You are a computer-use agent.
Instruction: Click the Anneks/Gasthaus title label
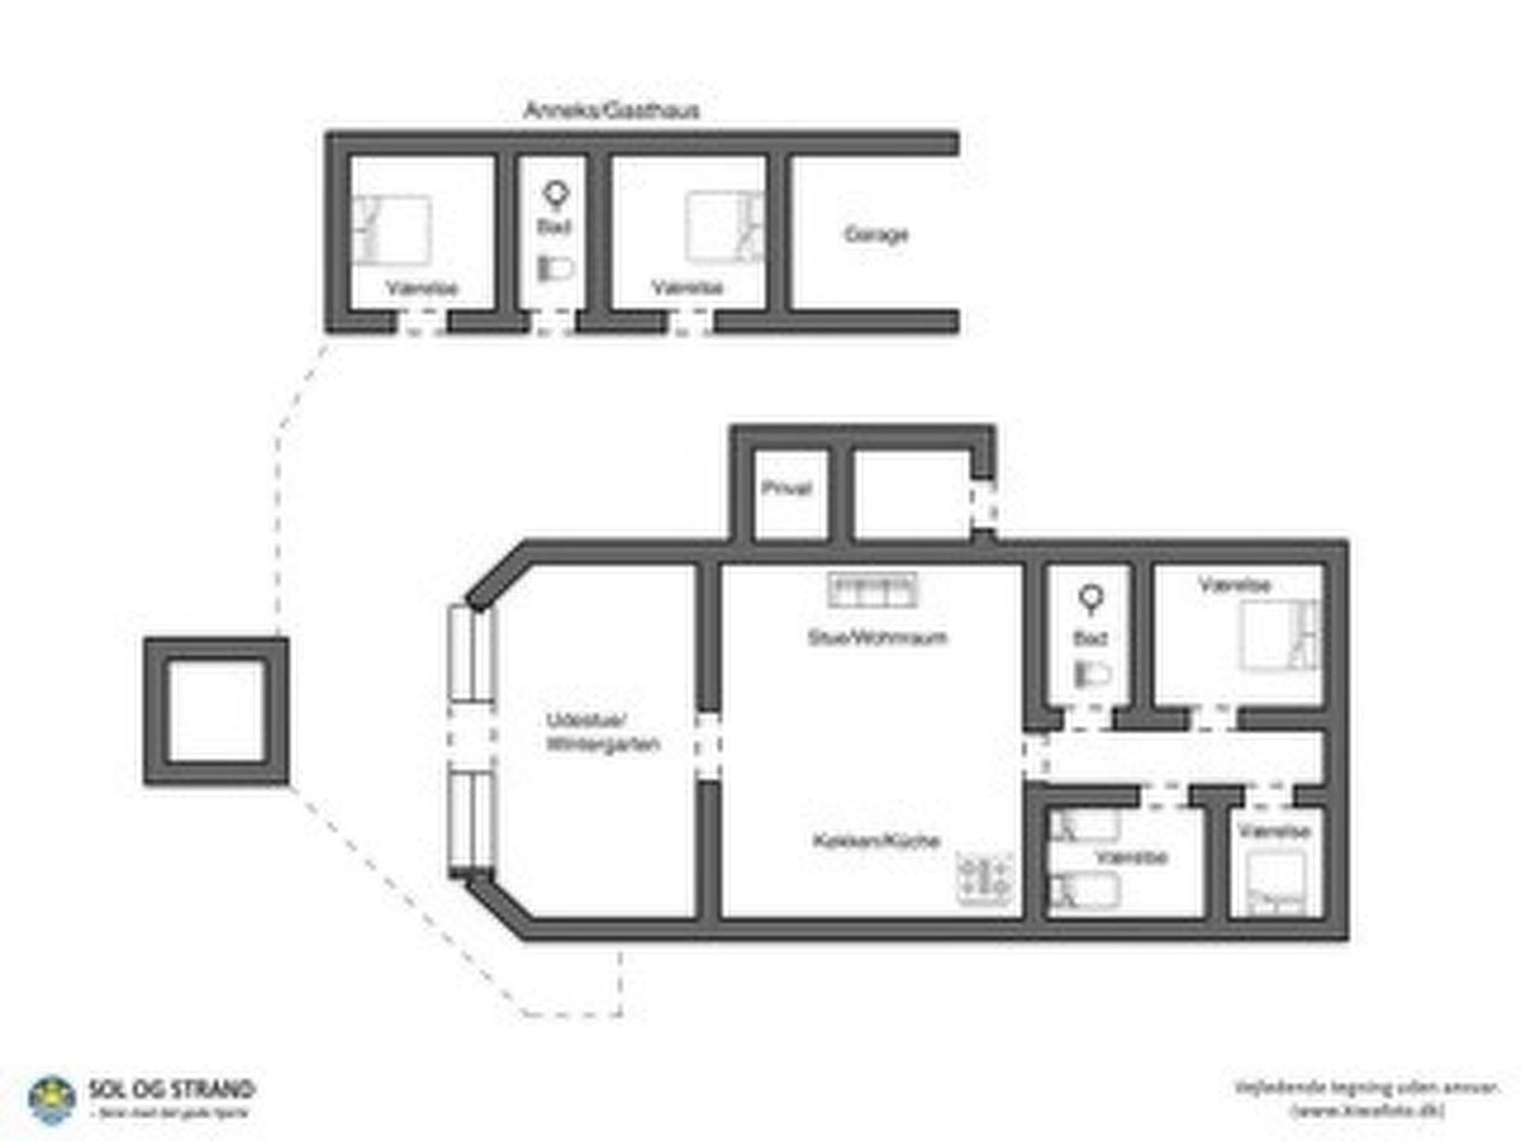pos(611,111)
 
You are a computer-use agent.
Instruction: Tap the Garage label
pos(876,235)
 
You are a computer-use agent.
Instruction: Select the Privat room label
pos(786,488)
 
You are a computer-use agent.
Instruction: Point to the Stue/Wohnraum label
pos(877,637)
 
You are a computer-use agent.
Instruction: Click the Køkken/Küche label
pos(876,841)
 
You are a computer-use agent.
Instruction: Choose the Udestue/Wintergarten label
pos(602,732)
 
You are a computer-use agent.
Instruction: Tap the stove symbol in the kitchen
pos(985,877)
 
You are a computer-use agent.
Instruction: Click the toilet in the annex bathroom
pos(556,268)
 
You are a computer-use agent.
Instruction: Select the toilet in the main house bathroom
pos(1092,674)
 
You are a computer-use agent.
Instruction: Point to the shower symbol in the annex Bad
pos(556,195)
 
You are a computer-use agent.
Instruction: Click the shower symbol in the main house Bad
pos(1090,599)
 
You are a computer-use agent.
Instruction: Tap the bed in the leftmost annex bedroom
pos(391,230)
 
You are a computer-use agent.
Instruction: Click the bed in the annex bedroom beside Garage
pos(723,227)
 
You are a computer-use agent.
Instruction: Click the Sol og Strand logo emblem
pos(51,1100)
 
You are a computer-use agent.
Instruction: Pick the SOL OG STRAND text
pos(172,1090)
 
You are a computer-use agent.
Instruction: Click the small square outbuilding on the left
pos(216,711)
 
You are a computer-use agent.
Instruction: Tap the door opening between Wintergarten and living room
pos(708,746)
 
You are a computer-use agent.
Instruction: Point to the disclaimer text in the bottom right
pos(1366,1098)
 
